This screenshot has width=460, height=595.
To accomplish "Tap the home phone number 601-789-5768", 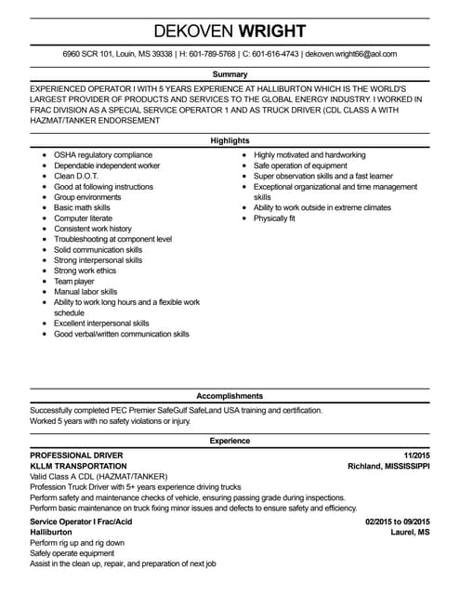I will (205, 54).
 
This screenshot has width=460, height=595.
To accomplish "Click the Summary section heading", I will (230, 73).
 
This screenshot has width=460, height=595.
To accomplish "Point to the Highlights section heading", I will (230, 140).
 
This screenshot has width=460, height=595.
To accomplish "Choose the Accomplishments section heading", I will (230, 394).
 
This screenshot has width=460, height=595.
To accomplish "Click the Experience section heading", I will (230, 440).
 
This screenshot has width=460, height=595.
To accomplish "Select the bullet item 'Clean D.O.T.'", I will (76, 176).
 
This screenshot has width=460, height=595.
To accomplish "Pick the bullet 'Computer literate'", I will (85, 218).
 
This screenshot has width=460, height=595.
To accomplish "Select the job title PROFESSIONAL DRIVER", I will (76, 455).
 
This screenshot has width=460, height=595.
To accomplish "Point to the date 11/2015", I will (416, 455).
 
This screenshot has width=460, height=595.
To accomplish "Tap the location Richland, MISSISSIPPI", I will (388, 466).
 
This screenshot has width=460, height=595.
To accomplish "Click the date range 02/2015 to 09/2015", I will (398, 522).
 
